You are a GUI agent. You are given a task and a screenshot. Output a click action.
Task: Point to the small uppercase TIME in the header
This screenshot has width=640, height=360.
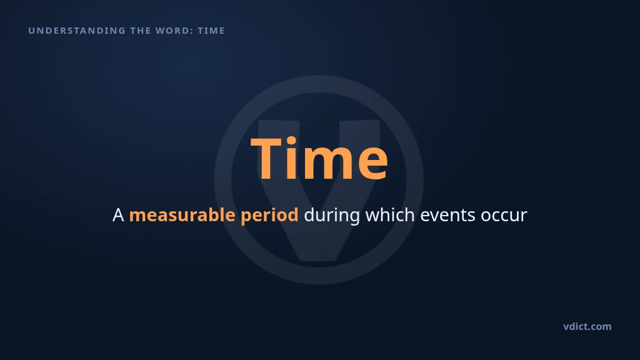point(211,31)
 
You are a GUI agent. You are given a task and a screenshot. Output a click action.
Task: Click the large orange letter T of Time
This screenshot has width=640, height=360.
point(266,158)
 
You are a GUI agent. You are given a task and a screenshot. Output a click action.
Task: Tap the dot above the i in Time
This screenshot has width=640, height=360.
point(291,141)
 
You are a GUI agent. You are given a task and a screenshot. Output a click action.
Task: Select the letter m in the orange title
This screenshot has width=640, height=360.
point(327,163)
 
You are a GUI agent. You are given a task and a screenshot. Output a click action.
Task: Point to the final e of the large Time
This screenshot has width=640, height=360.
point(372,163)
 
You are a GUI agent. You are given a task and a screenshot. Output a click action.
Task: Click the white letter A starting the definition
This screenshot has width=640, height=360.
point(118,215)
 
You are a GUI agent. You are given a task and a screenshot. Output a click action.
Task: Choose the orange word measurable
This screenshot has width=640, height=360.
point(182,215)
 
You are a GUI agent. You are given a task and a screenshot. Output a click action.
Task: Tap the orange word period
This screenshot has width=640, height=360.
point(269,216)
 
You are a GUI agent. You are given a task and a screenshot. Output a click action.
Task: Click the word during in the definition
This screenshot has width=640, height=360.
point(332,216)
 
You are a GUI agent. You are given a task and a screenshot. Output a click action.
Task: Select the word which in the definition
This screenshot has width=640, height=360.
point(390,215)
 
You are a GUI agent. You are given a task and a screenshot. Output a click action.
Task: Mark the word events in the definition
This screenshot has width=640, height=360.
point(447,216)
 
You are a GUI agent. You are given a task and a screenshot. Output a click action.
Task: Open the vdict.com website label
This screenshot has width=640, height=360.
point(587,326)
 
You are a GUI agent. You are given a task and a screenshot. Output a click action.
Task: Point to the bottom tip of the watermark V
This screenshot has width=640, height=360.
point(319,259)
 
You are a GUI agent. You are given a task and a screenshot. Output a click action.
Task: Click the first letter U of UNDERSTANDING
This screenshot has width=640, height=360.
point(31,31)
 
